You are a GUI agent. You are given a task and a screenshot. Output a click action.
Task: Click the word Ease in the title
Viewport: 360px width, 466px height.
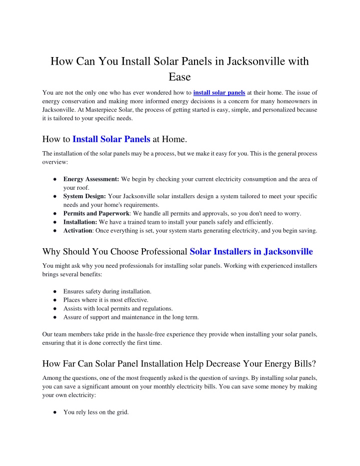(179, 77)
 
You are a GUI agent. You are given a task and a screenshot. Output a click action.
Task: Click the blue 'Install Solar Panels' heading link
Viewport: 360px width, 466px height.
(111, 139)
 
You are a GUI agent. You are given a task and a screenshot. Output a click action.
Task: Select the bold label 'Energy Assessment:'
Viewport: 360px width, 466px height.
(91, 179)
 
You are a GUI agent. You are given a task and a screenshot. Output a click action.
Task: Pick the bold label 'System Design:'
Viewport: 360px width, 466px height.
(84, 196)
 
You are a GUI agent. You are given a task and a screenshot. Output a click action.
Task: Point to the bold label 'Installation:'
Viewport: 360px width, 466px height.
(80, 222)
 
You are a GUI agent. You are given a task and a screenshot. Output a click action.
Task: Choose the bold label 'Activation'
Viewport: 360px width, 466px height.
(78, 231)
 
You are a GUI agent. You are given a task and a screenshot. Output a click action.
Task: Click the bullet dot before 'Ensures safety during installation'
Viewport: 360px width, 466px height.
(53, 291)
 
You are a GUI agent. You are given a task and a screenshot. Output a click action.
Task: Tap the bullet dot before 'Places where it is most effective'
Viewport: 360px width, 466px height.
(53, 300)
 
